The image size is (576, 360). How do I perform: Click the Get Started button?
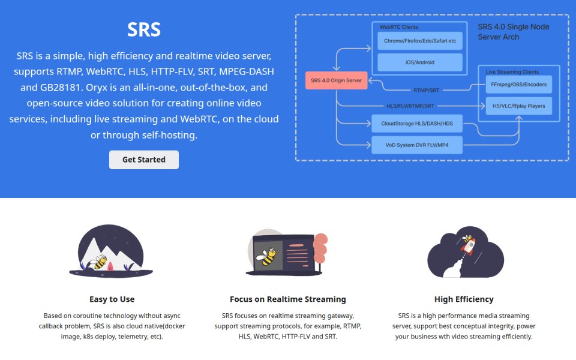point(144,160)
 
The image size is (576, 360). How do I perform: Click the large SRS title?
point(144,29)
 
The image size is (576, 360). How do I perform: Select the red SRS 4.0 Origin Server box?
point(336,80)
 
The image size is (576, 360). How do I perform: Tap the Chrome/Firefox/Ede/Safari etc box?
point(420,41)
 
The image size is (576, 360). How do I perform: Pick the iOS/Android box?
point(420,62)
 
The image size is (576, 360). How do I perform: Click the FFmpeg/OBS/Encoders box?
point(518,85)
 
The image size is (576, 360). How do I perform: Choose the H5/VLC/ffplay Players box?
point(518,106)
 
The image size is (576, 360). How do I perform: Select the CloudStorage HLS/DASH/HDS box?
point(417,124)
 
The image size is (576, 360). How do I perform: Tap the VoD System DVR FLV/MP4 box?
point(417,145)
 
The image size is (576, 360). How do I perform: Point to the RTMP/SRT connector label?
point(426,90)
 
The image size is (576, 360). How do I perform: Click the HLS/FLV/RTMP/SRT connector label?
point(410,106)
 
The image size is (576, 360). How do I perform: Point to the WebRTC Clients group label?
point(398,27)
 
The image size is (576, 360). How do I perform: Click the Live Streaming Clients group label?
point(512,72)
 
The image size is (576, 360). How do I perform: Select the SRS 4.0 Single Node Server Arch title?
point(513,32)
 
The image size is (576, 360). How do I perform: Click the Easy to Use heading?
point(112,299)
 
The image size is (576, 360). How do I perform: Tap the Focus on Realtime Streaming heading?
point(288,299)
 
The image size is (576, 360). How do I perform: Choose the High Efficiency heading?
point(464,299)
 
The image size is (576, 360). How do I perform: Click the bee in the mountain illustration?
point(98,262)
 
